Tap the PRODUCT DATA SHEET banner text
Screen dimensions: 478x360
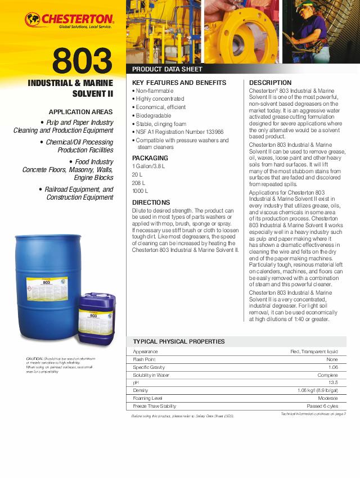[167, 69]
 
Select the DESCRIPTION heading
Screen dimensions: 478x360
[270, 83]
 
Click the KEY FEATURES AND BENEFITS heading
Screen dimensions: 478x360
[179, 83]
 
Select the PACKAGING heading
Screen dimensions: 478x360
[150, 158]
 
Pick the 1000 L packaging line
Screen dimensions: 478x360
[140, 191]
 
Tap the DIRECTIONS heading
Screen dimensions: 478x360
[151, 202]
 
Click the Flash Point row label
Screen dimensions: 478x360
[144, 359]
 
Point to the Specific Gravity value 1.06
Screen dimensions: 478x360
[332, 367]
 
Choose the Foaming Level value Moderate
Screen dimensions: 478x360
[327, 398]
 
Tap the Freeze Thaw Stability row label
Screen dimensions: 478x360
[154, 406]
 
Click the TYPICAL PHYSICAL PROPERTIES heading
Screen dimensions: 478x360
[179, 341]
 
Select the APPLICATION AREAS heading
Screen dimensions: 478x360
[80, 112]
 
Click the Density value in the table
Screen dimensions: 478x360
[318, 390]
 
